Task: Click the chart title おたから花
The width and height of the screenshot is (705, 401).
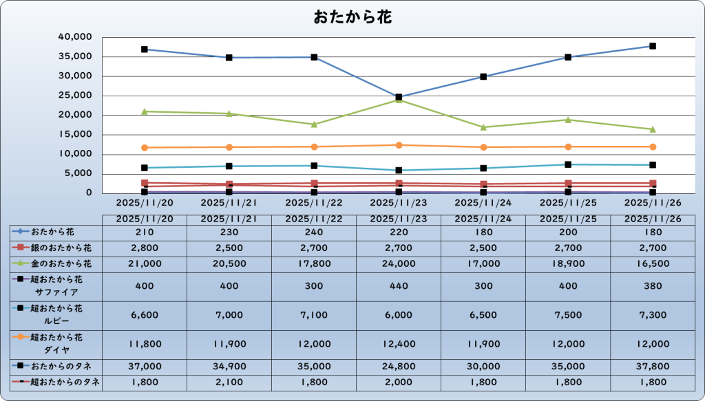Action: (x=352, y=17)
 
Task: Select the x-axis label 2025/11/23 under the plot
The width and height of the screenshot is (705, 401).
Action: (x=398, y=203)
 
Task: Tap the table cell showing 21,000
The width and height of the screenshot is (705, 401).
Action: (x=145, y=263)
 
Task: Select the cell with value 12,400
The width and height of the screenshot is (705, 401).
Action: (x=398, y=343)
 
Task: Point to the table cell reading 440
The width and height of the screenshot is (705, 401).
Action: (x=398, y=285)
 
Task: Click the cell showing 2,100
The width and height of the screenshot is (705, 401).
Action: (x=229, y=382)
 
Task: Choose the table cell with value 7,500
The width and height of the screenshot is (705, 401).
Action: (x=568, y=314)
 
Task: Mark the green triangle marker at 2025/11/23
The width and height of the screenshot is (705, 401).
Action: (x=399, y=100)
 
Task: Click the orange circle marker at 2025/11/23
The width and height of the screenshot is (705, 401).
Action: (x=399, y=145)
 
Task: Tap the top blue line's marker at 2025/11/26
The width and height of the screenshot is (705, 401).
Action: (x=653, y=46)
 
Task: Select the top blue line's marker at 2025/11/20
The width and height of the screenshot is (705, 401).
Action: (x=145, y=50)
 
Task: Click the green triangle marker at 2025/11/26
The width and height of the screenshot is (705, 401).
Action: (x=653, y=129)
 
